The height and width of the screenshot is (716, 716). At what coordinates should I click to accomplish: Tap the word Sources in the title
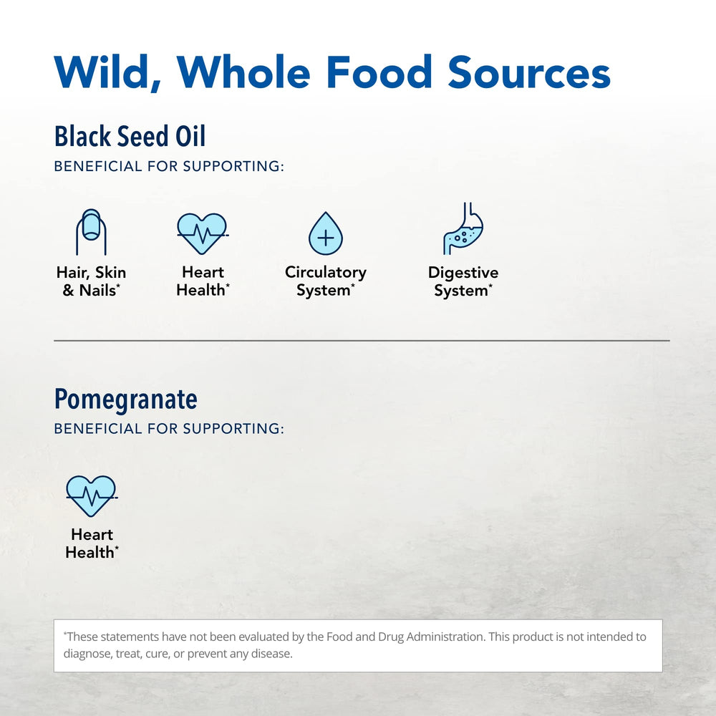coord(528,72)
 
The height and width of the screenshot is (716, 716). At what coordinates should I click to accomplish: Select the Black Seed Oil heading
coord(130,136)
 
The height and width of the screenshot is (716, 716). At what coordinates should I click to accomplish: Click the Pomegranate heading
coord(126,399)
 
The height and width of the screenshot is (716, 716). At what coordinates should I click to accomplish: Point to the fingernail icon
coord(91,232)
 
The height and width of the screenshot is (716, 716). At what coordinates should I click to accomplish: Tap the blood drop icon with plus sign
coord(326,233)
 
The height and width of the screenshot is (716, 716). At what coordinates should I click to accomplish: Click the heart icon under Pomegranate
coord(92,495)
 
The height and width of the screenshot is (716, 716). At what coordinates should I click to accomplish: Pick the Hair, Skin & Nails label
coord(91,281)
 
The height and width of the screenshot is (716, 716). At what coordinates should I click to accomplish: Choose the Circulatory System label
coord(326,281)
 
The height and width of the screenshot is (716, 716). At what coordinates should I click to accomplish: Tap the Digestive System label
coord(463,281)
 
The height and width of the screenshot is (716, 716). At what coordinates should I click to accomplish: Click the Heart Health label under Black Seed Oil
coord(203,281)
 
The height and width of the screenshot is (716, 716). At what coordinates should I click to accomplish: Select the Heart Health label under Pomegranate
coord(92,543)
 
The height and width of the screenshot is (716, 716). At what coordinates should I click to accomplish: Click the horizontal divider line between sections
coord(362,341)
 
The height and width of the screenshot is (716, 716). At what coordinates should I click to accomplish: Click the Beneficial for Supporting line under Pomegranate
coord(169,429)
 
